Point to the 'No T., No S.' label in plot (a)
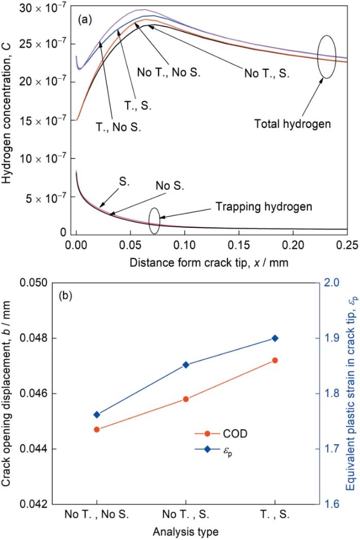(168, 72)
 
